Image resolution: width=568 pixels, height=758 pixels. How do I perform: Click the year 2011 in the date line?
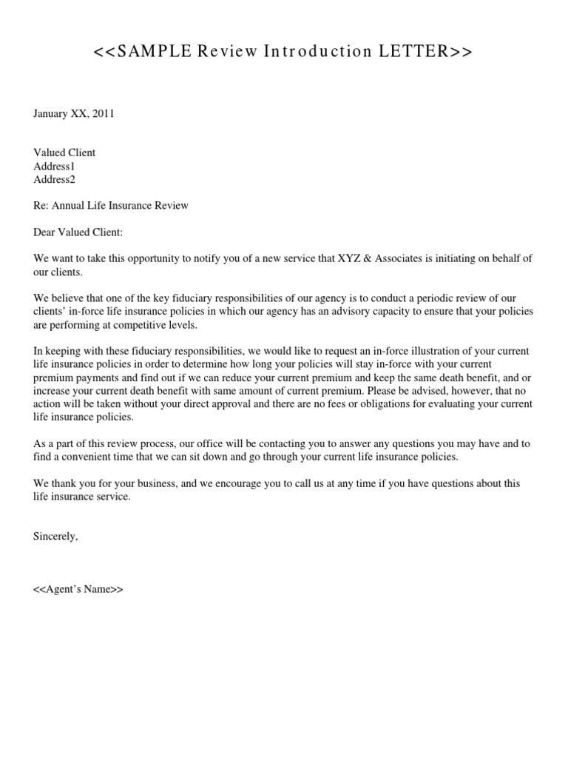pyautogui.click(x=102, y=113)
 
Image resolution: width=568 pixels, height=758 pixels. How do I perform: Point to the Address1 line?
pyautogui.click(x=54, y=166)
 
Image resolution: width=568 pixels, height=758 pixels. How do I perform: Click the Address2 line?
pyautogui.click(x=54, y=179)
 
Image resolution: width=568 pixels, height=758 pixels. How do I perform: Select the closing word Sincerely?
pyautogui.click(x=55, y=536)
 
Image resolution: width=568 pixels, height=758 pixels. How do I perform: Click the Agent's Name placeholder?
pyautogui.click(x=78, y=589)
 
